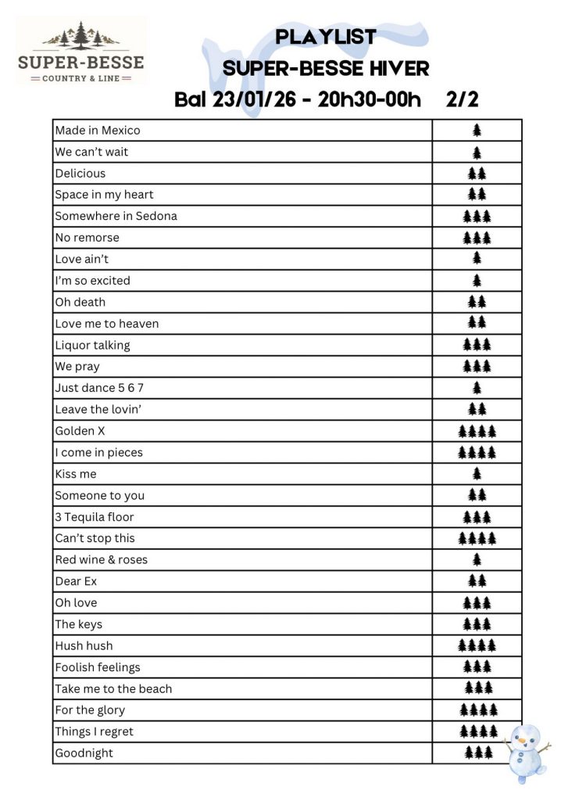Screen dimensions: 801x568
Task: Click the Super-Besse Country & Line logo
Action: click(x=81, y=52)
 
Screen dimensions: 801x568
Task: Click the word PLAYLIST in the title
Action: click(x=326, y=37)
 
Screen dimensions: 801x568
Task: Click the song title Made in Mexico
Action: click(x=98, y=131)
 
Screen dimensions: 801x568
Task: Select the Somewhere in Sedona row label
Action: click(x=116, y=216)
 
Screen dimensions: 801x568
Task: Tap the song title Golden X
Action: click(x=80, y=431)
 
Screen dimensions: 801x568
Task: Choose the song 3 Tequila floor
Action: click(x=94, y=517)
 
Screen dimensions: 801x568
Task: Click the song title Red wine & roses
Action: click(x=101, y=560)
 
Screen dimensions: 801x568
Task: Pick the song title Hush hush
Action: click(x=84, y=646)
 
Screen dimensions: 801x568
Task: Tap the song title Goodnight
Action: click(x=84, y=753)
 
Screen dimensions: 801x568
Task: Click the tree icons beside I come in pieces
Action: click(x=477, y=452)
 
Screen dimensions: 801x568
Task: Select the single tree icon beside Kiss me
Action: click(x=477, y=474)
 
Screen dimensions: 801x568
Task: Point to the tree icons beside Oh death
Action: click(x=477, y=302)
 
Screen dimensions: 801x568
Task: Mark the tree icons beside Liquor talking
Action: click(x=477, y=345)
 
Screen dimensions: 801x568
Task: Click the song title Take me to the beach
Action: click(x=113, y=689)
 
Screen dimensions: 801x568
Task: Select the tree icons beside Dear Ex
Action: click(x=477, y=581)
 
